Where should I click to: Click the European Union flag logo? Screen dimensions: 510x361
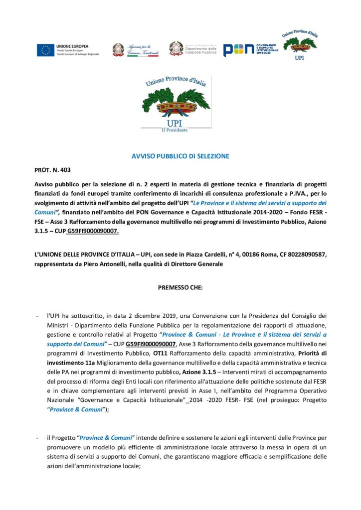(x=45, y=50)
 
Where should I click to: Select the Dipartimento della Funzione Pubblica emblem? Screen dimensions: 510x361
(x=176, y=49)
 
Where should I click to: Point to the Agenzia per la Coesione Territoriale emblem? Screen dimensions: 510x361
(x=118, y=49)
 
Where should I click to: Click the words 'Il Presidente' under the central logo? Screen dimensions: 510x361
(x=174, y=130)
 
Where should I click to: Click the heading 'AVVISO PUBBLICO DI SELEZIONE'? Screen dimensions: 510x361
(x=180, y=156)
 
